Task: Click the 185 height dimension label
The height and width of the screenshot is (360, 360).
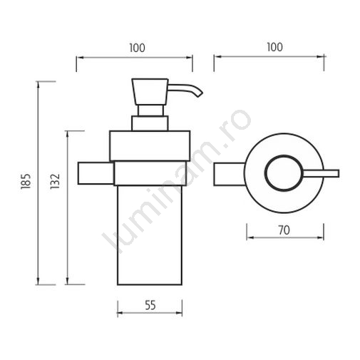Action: tap(26, 181)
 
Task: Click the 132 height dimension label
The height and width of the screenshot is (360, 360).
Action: tap(55, 181)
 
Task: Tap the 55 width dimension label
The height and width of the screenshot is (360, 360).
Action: tap(150, 305)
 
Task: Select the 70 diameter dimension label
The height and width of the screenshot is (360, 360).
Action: tap(284, 230)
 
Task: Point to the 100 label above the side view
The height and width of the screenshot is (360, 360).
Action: tap(137, 48)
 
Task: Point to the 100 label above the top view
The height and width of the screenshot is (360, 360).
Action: tap(274, 47)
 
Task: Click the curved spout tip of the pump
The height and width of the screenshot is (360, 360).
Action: tap(199, 94)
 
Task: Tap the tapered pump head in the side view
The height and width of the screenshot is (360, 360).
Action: tap(150, 91)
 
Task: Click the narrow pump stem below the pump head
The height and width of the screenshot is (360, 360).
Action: tap(151, 110)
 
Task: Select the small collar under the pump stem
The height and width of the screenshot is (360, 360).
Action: tap(150, 123)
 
